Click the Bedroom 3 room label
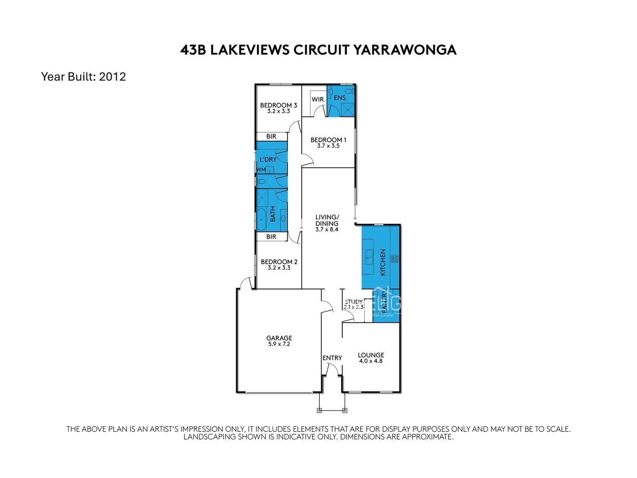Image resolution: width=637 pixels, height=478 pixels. [278, 105]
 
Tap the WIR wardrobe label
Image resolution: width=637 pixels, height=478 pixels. [318, 100]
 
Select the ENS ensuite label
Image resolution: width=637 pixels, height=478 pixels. [340, 98]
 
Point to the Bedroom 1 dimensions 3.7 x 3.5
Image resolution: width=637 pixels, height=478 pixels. [328, 146]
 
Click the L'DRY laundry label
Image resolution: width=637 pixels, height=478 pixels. [268, 159]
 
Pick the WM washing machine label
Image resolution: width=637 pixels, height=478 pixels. [261, 170]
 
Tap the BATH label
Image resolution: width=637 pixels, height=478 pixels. [272, 214]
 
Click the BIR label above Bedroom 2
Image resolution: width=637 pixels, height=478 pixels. [271, 237]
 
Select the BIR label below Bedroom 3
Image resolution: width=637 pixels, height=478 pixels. [271, 136]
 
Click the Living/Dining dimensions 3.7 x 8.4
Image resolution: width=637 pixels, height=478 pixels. [327, 230]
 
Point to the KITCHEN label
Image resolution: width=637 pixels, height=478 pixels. [383, 262]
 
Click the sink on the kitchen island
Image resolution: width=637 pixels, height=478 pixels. [368, 256]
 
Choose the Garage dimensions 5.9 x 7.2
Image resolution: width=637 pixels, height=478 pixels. [279, 344]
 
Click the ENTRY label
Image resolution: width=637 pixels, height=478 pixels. [332, 358]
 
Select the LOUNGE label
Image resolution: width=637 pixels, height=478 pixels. [371, 355]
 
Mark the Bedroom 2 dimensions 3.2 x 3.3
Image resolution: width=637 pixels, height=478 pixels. [279, 268]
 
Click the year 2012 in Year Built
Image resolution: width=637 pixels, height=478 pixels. [112, 77]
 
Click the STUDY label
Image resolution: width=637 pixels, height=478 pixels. [353, 301]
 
